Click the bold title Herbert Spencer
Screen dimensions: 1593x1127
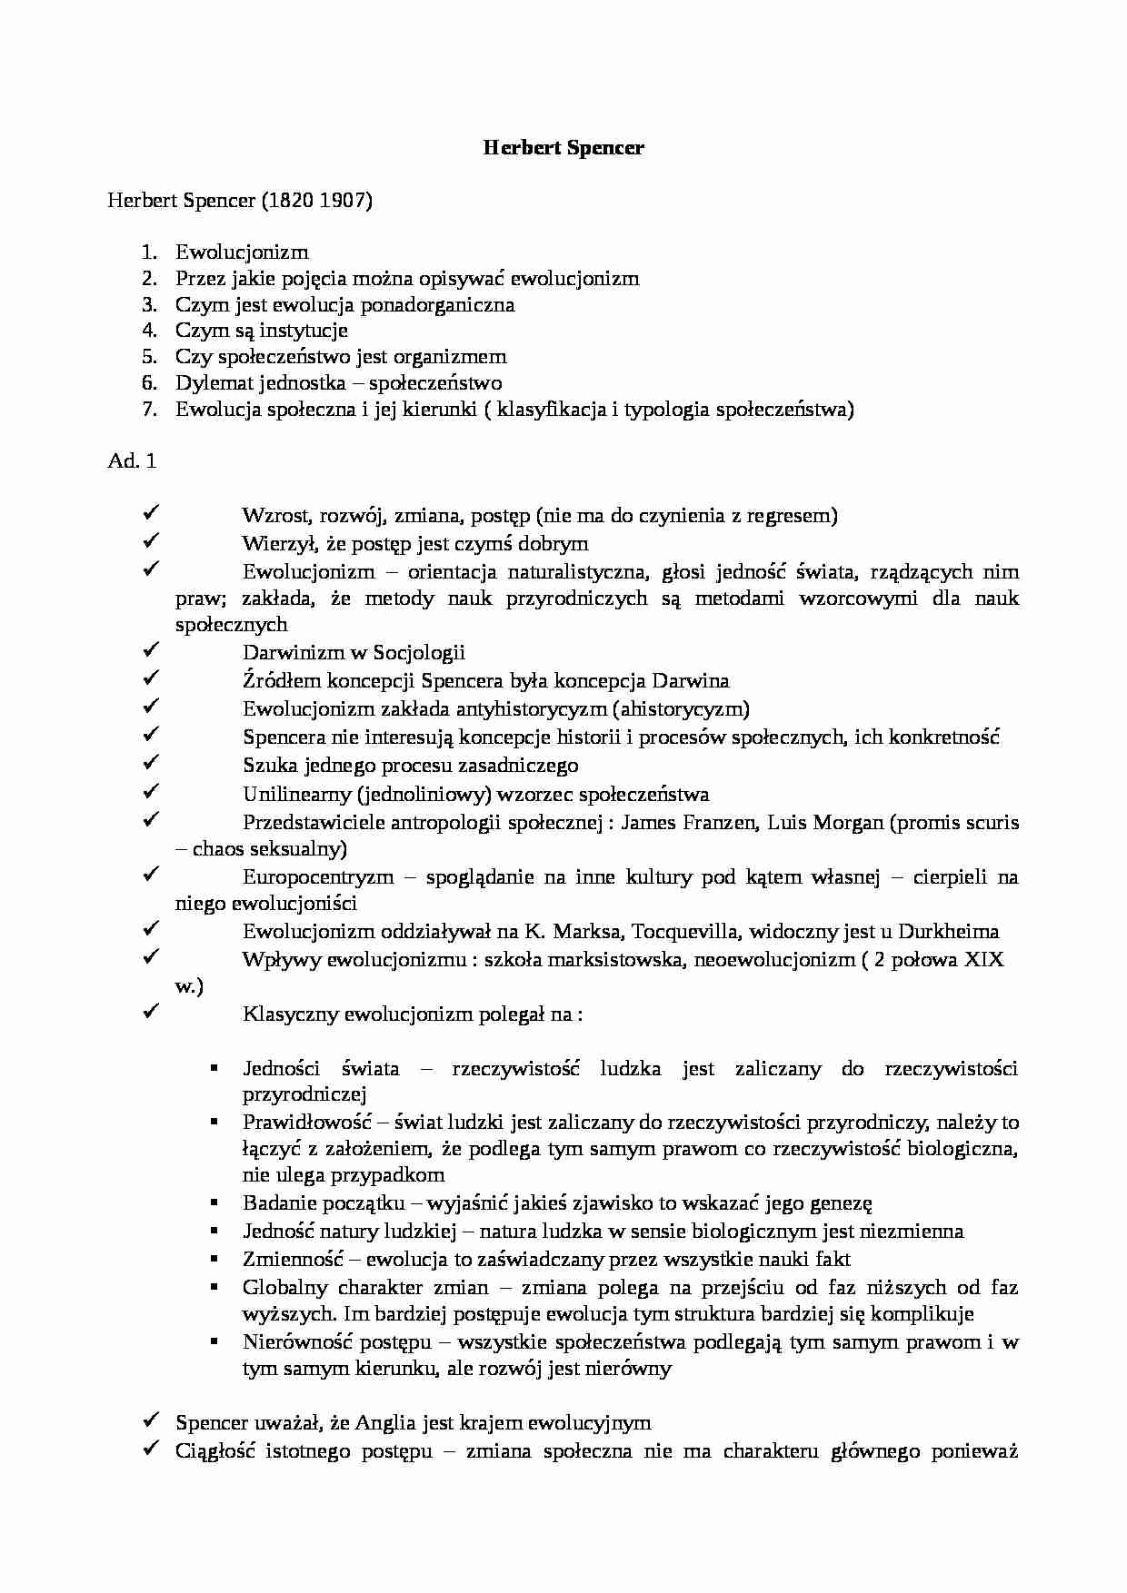563,148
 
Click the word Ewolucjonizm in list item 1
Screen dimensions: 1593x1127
242,252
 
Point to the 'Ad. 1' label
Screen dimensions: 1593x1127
132,461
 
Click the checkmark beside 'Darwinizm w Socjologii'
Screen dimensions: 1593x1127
151,651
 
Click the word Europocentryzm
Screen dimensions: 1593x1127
318,877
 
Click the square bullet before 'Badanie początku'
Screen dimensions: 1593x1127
214,1202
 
